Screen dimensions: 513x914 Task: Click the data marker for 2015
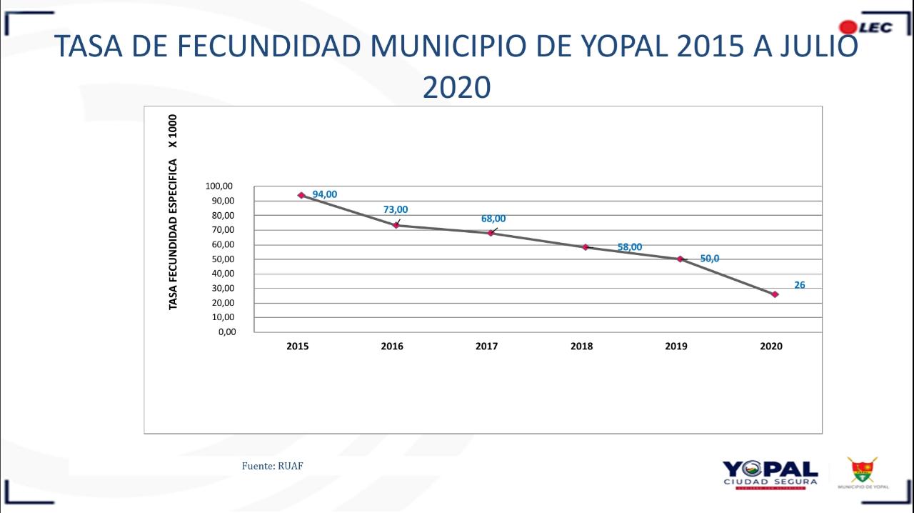pos(301,195)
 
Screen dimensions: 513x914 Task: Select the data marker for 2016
pos(396,225)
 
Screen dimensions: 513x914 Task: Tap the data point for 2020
pos(775,294)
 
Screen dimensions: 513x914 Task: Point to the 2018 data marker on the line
pos(586,247)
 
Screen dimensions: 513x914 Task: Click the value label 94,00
pos(325,194)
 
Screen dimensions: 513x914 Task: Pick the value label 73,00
pos(396,209)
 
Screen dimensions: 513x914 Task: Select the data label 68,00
pos(493,219)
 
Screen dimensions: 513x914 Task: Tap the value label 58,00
pos(630,247)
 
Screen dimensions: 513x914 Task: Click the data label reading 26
pos(800,285)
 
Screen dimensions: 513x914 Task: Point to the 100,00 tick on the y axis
pos(219,186)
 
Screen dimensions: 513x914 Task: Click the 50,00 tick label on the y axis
pos(221,259)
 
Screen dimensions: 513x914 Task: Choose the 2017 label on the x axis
pos(487,347)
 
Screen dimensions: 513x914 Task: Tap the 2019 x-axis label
pos(676,347)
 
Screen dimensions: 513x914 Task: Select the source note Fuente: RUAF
pos(278,466)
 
